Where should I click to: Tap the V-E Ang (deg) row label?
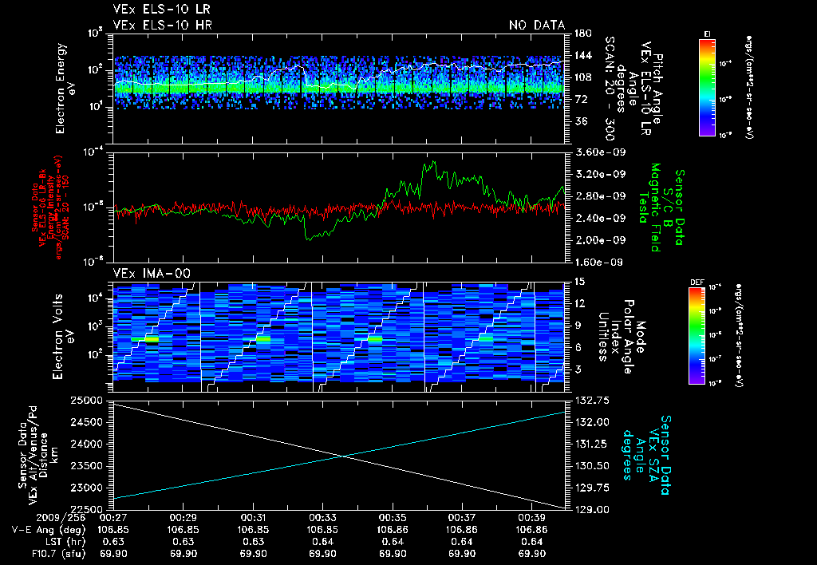(45, 529)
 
